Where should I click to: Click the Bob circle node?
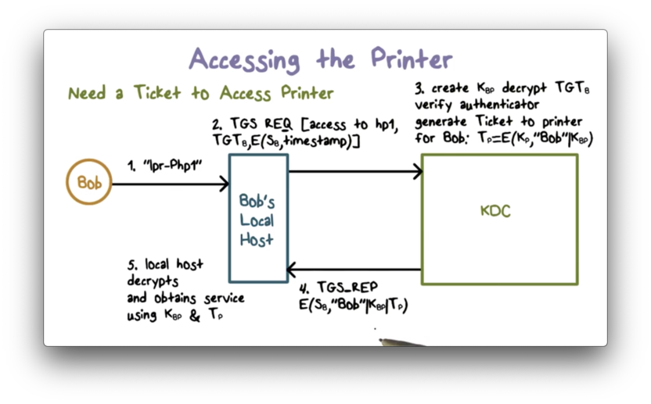tap(88, 183)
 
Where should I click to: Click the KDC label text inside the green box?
tap(495, 210)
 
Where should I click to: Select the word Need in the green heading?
tap(87, 94)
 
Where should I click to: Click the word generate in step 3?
tap(441, 123)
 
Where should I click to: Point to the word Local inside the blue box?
tap(257, 221)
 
